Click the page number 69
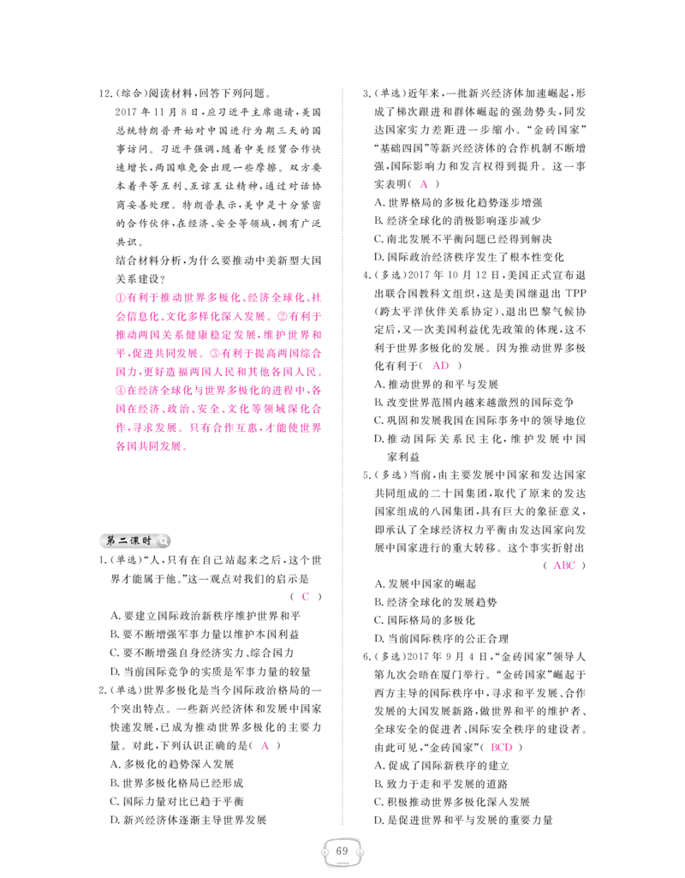pyautogui.click(x=342, y=851)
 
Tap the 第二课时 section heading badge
pyautogui.click(x=135, y=541)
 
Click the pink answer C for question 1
pyautogui.click(x=305, y=596)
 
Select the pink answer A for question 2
pyautogui.click(x=265, y=746)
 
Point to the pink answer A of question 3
pyautogui.click(x=424, y=183)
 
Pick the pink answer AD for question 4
pyautogui.click(x=441, y=366)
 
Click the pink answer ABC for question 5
pyautogui.click(x=564, y=565)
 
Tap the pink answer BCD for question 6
pyautogui.click(x=502, y=747)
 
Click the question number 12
pyautogui.click(x=104, y=93)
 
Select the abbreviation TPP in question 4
pyautogui.click(x=575, y=294)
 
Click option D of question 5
pyautogui.click(x=442, y=638)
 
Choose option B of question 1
pyautogui.click(x=205, y=635)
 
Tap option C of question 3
pyautogui.click(x=463, y=239)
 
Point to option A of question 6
pyautogui.click(x=442, y=766)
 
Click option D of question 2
pyautogui.click(x=188, y=821)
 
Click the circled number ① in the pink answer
pyautogui.click(x=121, y=298)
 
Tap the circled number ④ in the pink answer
pyautogui.click(x=121, y=391)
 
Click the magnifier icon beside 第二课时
pyautogui.click(x=163, y=541)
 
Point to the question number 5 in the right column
pyautogui.click(x=366, y=475)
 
